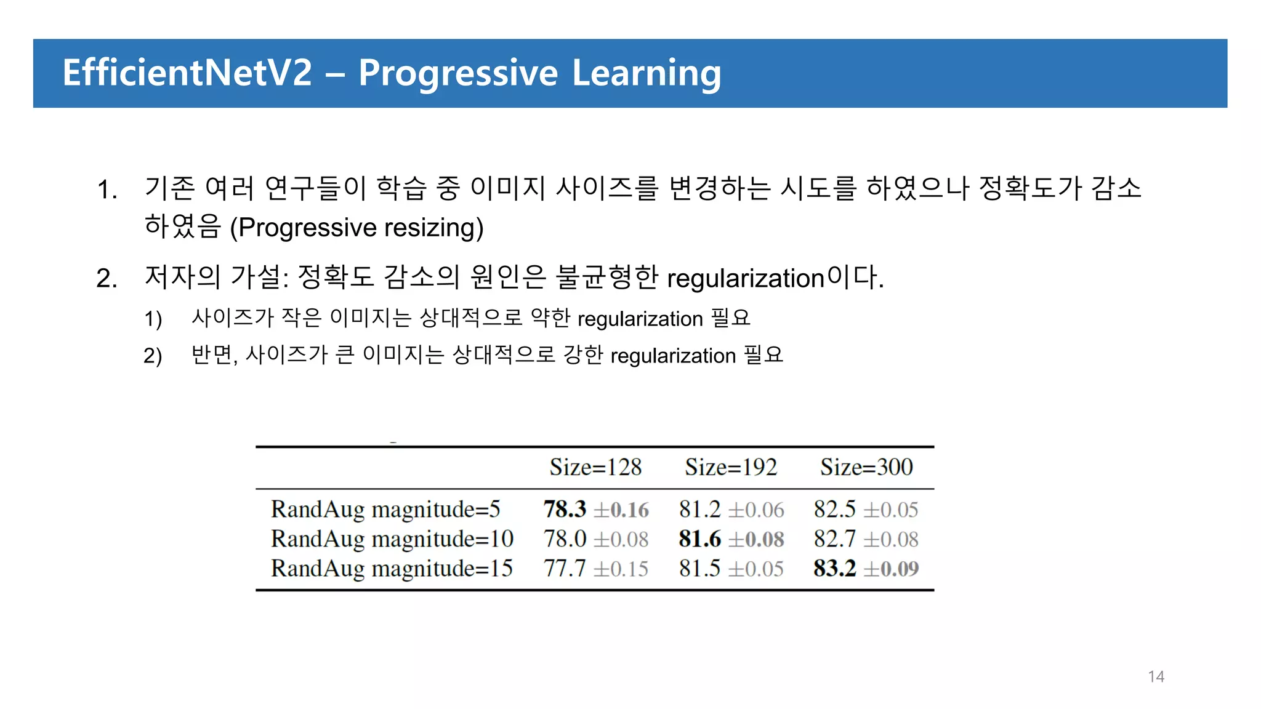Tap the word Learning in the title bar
(647, 74)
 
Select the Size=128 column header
(595, 467)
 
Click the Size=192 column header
(731, 467)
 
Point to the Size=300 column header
(866, 467)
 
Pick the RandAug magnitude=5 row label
(385, 510)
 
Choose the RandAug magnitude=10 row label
(392, 539)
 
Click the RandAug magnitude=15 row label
(392, 568)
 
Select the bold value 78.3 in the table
(565, 510)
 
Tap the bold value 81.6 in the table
(699, 539)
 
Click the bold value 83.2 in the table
(834, 568)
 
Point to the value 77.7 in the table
(565, 568)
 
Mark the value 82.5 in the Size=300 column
(834, 510)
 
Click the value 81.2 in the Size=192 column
(699, 510)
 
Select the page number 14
(1156, 676)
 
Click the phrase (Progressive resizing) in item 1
(357, 228)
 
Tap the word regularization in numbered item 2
(746, 278)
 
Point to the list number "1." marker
(107, 190)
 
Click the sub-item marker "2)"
(153, 356)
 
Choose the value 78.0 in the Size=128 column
(565, 539)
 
